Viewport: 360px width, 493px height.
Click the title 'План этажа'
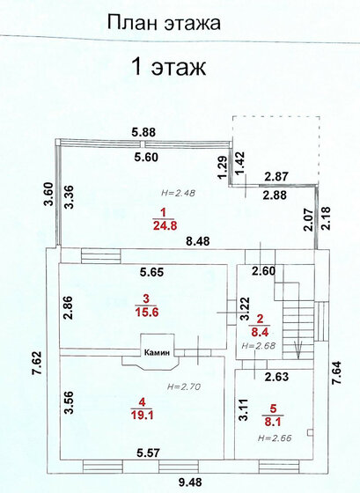[164, 23]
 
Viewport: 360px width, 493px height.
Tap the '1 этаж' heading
[170, 67]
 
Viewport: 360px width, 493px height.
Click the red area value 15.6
[147, 313]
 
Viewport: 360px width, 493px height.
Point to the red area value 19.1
[142, 416]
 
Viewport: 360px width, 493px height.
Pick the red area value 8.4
[260, 331]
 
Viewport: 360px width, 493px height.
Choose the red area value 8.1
[272, 422]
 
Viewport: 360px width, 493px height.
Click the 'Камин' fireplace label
[157, 352]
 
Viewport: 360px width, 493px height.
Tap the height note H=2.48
[178, 193]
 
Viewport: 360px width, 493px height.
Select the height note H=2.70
[183, 386]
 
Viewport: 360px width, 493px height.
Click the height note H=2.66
[275, 438]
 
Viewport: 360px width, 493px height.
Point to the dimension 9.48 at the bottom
[189, 482]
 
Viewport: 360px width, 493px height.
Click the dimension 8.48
[197, 241]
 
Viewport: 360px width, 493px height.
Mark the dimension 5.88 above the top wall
[143, 132]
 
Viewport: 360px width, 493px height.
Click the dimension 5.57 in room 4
[148, 453]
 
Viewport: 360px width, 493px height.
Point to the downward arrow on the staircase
[298, 348]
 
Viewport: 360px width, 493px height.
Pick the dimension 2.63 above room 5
[276, 377]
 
